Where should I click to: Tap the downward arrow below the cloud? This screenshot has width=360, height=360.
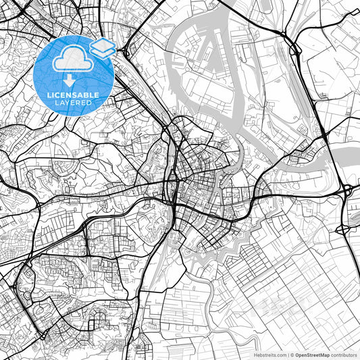coord(70,81)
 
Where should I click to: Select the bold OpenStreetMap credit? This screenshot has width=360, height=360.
coord(313,355)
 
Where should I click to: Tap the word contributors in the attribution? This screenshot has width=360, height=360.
coord(344,355)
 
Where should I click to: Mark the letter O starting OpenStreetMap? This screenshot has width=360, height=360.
coord(297,355)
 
